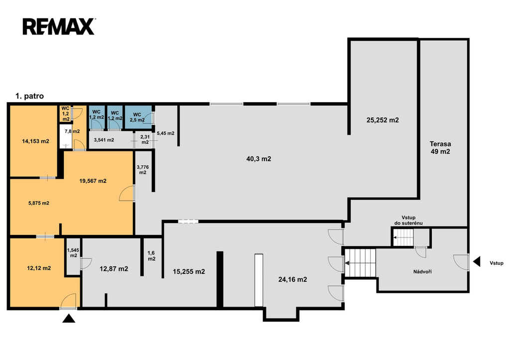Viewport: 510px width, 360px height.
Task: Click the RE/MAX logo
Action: [59, 27]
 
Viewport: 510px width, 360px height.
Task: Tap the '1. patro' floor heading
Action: [29, 96]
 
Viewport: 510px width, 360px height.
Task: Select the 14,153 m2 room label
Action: [35, 141]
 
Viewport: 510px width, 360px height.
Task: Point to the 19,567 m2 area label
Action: [93, 181]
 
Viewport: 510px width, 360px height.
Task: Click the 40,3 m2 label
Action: [258, 159]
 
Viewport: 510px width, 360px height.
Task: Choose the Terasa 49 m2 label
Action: [440, 148]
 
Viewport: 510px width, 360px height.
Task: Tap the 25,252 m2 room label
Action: [382, 120]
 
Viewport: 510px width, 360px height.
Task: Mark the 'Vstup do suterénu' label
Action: [408, 220]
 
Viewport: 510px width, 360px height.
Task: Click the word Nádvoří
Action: [422, 271]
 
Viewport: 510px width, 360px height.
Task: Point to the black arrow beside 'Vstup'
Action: [477, 261]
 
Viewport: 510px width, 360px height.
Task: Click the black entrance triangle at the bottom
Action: [69, 318]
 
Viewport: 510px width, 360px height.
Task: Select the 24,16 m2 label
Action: [292, 279]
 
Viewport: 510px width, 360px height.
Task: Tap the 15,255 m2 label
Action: [189, 271]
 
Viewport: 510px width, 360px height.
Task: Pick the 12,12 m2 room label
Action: [39, 268]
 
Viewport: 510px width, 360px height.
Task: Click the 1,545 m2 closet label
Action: [73, 252]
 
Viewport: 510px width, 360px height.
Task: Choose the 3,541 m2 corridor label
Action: [104, 140]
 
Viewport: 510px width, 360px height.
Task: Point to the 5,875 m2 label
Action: [39, 203]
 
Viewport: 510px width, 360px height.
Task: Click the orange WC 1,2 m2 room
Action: [66, 114]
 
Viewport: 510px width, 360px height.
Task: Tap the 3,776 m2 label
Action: [143, 170]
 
